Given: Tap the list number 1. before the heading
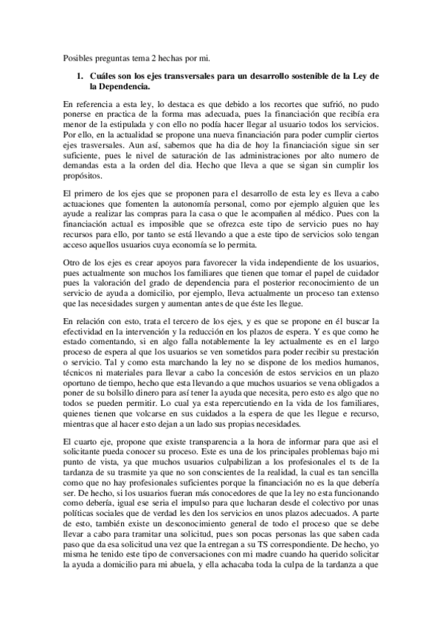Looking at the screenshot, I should tap(80, 76).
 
